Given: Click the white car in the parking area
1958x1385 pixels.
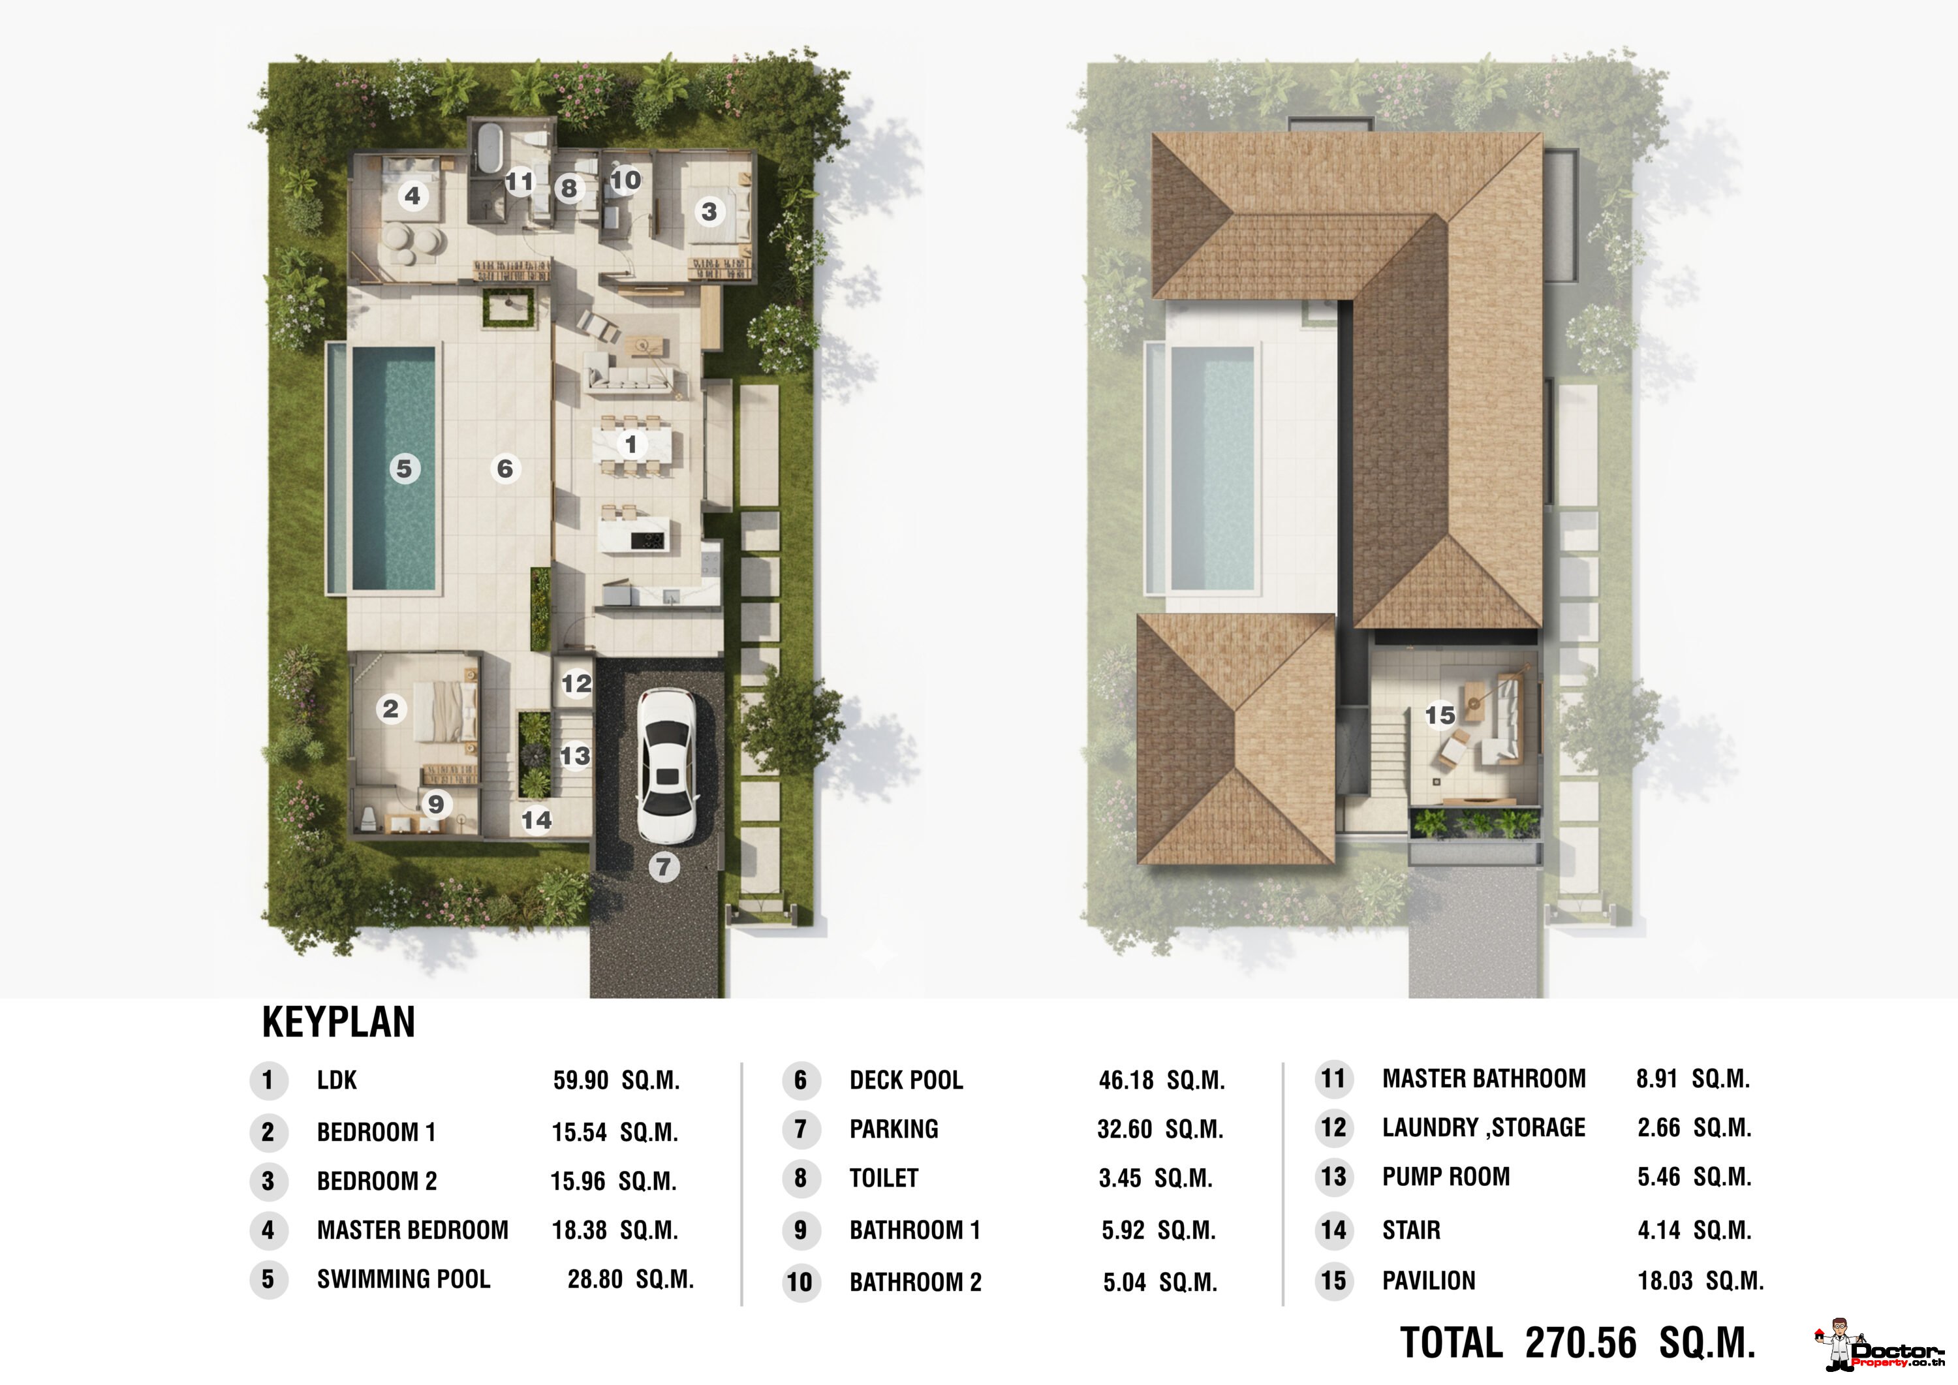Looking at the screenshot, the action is point(667,766).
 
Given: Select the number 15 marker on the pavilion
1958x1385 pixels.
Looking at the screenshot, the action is point(1440,715).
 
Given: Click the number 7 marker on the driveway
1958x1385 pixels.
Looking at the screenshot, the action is point(664,867).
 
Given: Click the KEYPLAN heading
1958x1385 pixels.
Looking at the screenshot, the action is point(339,1021).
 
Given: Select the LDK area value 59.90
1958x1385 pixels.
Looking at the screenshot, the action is point(581,1081).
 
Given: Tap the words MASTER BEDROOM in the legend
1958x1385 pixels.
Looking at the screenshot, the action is point(412,1230).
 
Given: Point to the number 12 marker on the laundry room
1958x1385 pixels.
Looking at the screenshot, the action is point(576,683).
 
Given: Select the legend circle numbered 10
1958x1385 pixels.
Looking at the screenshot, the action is point(800,1282).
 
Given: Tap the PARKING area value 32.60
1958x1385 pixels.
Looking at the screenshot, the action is point(1125,1129).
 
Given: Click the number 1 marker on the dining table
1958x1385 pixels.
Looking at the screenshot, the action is point(631,444).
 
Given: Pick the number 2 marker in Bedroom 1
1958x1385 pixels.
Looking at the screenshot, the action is point(390,708).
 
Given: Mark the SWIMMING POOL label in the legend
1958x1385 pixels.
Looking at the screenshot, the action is point(403,1279).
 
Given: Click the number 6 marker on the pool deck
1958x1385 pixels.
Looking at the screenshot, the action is point(505,468).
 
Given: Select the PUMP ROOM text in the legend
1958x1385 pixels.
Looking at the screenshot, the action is point(1446,1177).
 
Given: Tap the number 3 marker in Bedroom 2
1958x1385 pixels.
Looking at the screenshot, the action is point(709,211).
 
